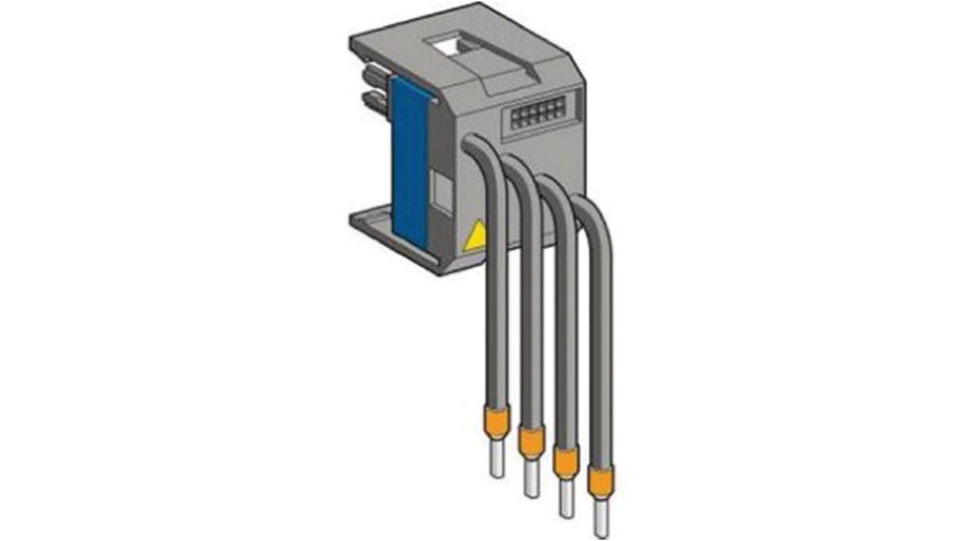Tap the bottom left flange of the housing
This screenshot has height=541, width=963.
point(370,221)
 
